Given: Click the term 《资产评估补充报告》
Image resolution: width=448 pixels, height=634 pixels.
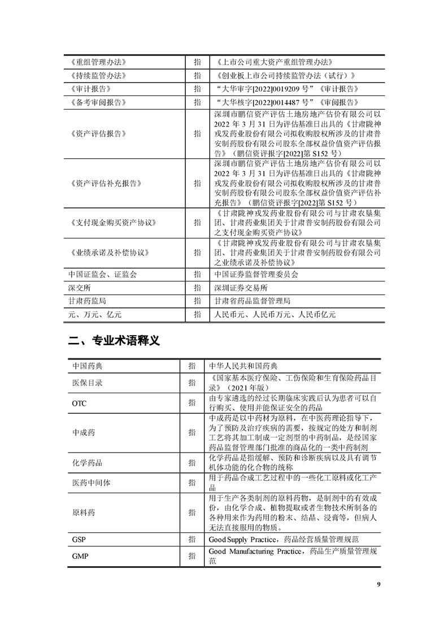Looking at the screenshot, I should point(103,184).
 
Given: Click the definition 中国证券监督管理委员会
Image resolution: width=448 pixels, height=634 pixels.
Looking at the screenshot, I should point(256,274).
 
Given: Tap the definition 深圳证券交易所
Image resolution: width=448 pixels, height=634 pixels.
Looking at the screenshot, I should point(241,288).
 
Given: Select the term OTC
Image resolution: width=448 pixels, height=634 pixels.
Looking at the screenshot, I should point(79,404).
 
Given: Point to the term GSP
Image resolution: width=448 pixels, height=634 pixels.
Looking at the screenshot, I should point(79,539).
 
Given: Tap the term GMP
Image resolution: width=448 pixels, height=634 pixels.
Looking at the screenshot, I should point(79,556).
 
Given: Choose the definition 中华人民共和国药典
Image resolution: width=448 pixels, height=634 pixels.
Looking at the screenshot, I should point(243,366).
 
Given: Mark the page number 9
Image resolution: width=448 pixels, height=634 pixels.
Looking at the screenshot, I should point(378,584).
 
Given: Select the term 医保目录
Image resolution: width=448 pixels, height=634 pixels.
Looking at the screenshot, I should point(87,383).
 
